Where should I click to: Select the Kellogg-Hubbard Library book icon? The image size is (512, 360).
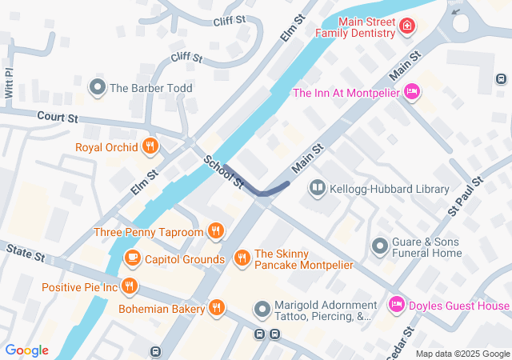(x=318, y=189)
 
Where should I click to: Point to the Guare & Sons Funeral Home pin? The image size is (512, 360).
(x=381, y=244)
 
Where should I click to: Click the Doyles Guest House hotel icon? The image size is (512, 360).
(x=396, y=306)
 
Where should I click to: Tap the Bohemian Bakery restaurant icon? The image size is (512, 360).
(x=217, y=308)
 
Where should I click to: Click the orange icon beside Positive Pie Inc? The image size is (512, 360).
(x=130, y=286)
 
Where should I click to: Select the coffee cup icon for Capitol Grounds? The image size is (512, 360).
(x=133, y=259)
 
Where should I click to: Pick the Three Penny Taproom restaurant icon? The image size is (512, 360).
(x=215, y=232)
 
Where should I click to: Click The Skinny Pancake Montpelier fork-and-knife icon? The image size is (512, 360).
(x=242, y=258)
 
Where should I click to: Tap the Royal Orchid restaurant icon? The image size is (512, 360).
(x=150, y=146)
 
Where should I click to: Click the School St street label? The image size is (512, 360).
(x=223, y=172)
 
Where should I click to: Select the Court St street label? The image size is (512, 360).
(x=56, y=118)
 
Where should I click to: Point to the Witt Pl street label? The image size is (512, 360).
(x=10, y=81)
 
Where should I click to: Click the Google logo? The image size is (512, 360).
(x=26, y=350)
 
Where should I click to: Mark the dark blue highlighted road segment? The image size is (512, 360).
(x=256, y=187)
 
